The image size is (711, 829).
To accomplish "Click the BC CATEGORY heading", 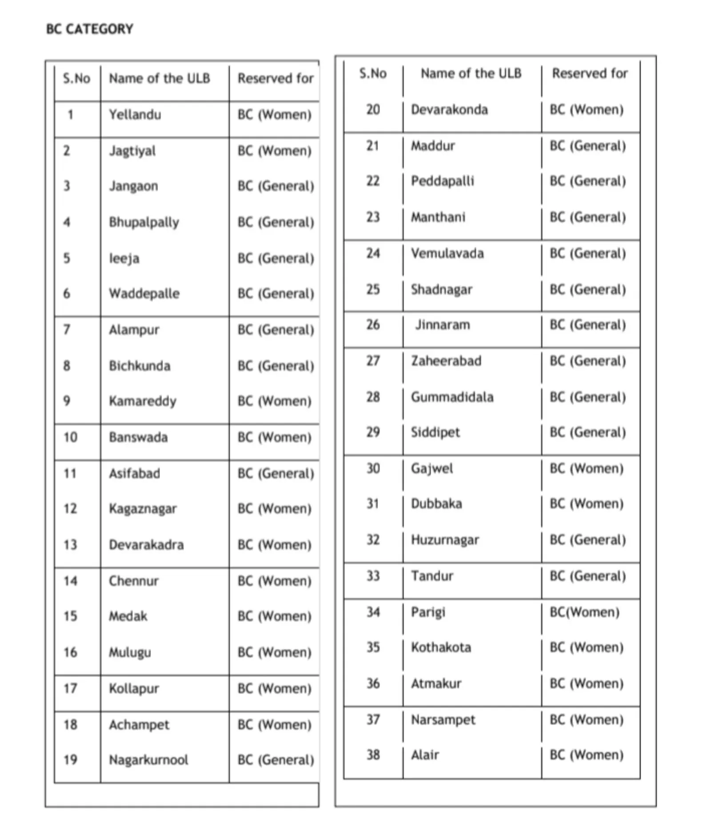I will coord(89,29).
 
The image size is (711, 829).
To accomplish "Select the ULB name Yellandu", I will coord(135,115).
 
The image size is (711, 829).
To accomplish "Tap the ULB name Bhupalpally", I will coord(144,222).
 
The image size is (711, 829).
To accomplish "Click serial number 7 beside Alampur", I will coord(67,330).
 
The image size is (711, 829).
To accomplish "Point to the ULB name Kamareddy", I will coord(143,401).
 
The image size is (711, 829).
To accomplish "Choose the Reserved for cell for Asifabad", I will coord(276,474).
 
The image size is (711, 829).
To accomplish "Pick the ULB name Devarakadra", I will coord(146,545).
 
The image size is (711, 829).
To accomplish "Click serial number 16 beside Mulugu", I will coord(70,652).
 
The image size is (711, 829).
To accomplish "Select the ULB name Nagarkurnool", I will coord(148,760).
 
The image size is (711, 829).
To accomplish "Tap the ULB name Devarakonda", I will coord(449,110).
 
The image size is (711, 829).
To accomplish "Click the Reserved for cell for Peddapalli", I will coord(587,181).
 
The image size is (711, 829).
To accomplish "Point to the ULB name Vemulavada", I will coord(447,254).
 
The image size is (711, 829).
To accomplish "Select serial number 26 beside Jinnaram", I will coord(373,325).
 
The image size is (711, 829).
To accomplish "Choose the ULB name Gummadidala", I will coord(452,397).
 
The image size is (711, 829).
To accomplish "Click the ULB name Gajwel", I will coord(432,469).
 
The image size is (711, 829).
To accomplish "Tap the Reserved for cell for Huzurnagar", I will coord(587,540).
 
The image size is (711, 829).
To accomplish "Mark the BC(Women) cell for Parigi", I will coord(584,612).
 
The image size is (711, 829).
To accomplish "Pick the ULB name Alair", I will coord(425,755).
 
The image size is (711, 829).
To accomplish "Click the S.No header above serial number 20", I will coord(373,73).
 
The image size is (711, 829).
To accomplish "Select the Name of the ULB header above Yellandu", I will coord(160,79).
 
